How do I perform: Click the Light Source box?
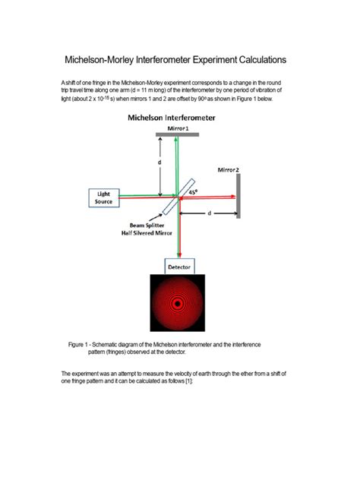point(104,197)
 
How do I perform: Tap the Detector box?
point(179,267)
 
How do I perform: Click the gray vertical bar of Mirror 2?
point(238,197)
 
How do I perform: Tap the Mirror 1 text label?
point(178,128)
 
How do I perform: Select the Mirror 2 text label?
point(228,169)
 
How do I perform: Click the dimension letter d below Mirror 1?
point(159,163)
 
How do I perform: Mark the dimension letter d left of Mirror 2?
point(209,213)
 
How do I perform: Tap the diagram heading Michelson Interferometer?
point(171,118)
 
